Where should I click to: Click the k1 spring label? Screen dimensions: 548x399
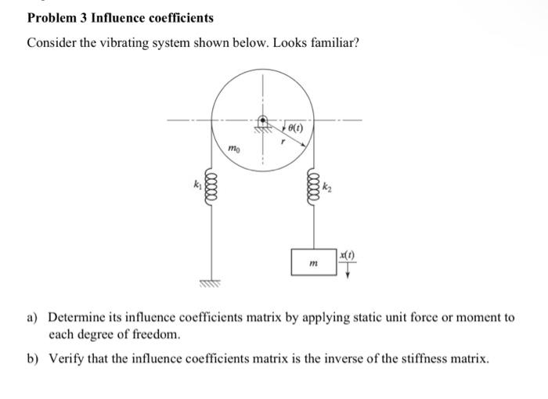[199, 185]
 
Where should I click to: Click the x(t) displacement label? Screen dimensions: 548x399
[348, 256]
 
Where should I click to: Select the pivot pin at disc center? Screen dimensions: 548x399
[265, 122]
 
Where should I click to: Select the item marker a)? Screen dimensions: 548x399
[33, 318]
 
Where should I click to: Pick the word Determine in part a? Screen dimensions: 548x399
[76, 318]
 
